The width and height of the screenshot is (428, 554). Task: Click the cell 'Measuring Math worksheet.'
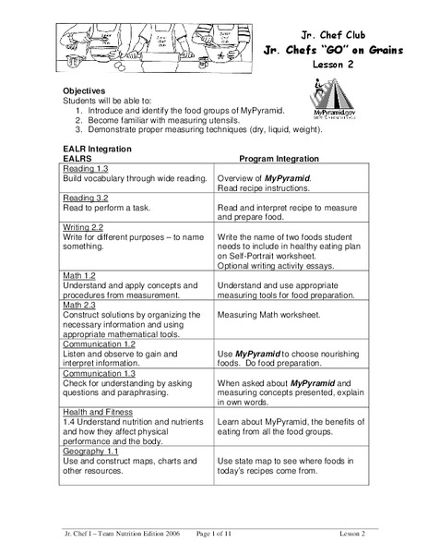click(268, 314)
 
